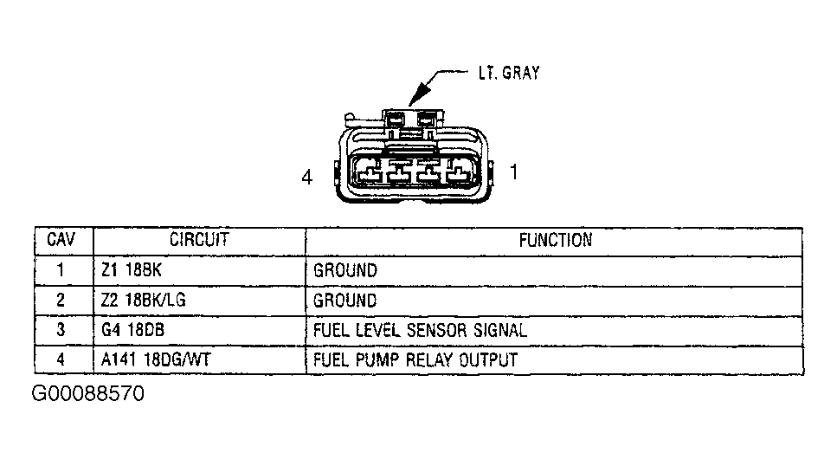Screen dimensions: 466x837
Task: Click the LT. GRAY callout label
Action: pos(508,74)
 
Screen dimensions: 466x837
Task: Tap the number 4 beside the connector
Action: pos(306,178)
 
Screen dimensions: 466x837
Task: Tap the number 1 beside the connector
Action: pos(513,173)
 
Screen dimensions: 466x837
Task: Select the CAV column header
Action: pos(61,240)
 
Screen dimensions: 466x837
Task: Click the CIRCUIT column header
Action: pos(198,240)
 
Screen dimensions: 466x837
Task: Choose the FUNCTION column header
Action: pos(555,240)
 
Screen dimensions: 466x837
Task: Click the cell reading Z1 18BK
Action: pos(131,270)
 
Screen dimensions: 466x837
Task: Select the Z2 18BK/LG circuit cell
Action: pos(143,301)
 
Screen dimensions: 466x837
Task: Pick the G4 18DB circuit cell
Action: pos(132,330)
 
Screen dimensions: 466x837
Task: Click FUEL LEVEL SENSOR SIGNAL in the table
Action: pos(420,330)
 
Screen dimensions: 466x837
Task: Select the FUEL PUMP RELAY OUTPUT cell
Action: pos(415,359)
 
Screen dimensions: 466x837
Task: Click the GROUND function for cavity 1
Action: pos(345,270)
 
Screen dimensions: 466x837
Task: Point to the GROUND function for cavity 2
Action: pos(345,301)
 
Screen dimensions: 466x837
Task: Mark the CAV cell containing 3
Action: pos(61,330)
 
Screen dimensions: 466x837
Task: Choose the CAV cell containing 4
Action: pos(61,359)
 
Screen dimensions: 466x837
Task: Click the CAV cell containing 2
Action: pos(61,301)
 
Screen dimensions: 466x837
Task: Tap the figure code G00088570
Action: pos(88,395)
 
